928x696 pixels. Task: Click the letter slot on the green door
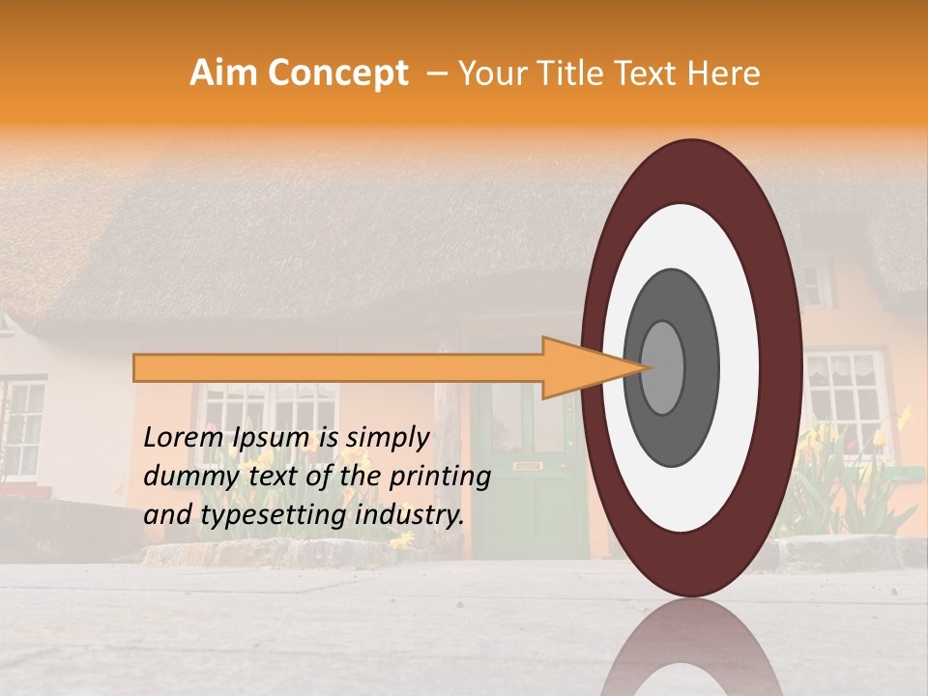pos(527,467)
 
